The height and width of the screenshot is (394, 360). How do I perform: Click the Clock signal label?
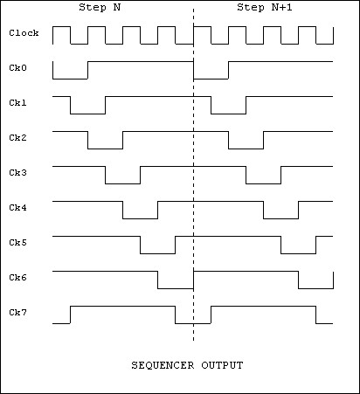point(24,32)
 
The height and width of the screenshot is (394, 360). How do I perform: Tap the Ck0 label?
point(17,68)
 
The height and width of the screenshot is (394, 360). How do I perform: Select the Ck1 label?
point(17,103)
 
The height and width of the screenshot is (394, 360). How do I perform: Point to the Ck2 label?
point(17,138)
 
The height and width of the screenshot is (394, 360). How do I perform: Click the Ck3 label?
point(17,173)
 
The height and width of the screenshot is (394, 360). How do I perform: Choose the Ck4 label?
point(17,208)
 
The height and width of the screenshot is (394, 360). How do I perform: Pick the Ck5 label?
point(17,243)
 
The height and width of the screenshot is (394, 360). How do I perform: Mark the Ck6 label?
point(17,278)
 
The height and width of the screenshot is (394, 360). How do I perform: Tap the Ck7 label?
point(17,313)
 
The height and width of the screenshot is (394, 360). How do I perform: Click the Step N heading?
point(100,7)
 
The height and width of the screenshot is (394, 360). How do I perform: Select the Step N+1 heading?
point(265,7)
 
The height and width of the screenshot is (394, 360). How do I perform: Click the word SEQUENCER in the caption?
point(163,365)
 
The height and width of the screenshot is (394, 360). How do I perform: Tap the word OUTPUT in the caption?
point(222,365)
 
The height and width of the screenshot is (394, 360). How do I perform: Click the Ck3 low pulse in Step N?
point(122,183)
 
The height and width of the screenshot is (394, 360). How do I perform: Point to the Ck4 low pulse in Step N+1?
point(280,218)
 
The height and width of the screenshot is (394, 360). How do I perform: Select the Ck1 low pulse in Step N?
point(87,114)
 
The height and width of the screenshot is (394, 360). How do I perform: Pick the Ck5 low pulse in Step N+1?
point(298,253)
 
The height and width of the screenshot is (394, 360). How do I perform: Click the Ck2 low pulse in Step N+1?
point(246,149)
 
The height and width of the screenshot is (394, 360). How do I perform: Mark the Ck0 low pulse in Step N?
point(70,79)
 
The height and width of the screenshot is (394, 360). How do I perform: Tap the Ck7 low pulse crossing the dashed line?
point(193,323)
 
